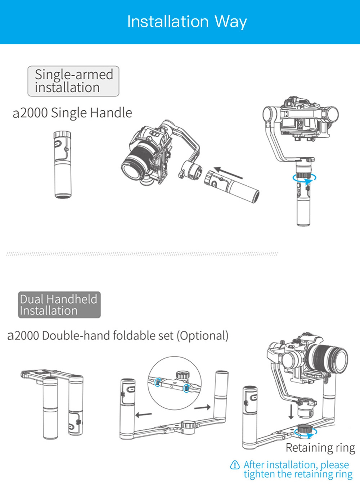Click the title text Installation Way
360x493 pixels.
click(x=187, y=22)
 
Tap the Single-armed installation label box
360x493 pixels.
click(x=73, y=81)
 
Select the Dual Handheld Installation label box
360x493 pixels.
click(x=59, y=305)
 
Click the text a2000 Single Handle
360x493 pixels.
click(x=72, y=113)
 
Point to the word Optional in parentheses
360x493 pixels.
click(x=202, y=336)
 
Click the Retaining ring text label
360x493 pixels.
click(x=320, y=448)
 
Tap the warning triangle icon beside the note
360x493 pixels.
click(x=235, y=465)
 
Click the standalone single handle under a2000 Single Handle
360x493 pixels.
click(x=63, y=164)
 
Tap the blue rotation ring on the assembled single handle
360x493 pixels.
click(x=305, y=177)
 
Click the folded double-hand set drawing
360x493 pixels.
click(x=54, y=403)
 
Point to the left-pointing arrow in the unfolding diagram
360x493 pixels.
click(x=144, y=415)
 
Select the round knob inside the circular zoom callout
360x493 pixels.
click(x=183, y=376)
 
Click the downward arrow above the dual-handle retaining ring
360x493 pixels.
click(x=291, y=412)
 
